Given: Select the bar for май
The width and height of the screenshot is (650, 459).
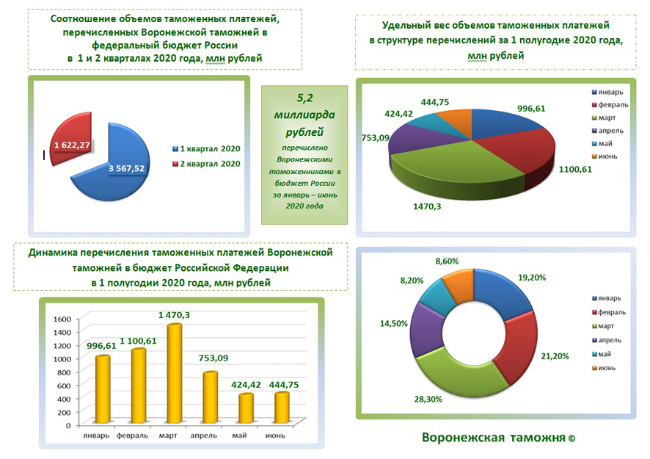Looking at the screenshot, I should coord(246,408).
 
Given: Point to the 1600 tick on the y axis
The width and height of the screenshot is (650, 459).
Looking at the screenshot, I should coord(62,319).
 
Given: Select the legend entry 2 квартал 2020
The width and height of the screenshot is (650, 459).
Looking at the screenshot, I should coord(210,163).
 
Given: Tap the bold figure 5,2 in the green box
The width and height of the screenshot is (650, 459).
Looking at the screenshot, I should coord(304,97).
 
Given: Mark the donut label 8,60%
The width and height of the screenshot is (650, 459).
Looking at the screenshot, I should coord(448,261).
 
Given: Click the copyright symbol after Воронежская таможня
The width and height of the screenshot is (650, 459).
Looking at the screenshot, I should coord(572,438).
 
